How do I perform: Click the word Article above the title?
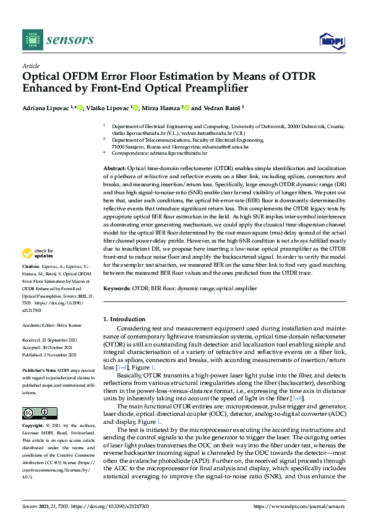[31, 66]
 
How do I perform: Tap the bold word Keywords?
[116, 288]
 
